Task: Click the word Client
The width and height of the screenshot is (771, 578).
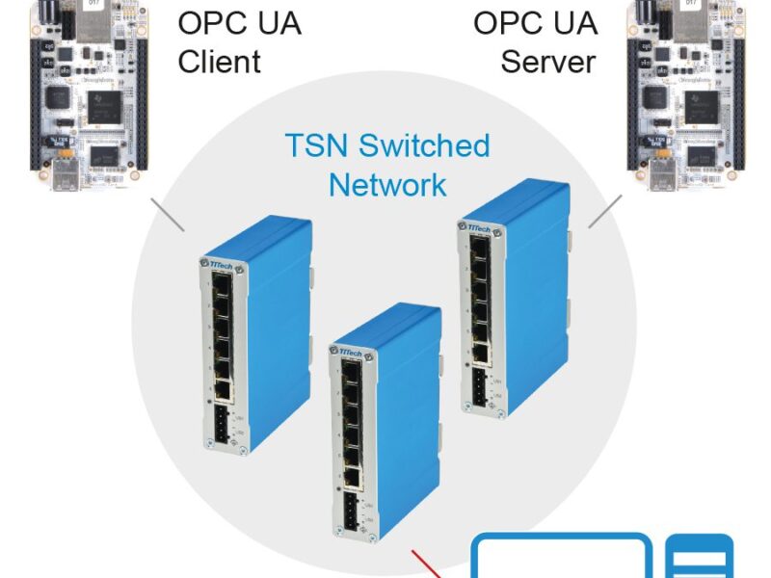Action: point(219,62)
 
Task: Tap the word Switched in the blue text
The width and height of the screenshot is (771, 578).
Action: point(425,146)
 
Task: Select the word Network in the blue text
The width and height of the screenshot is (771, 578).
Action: point(387,184)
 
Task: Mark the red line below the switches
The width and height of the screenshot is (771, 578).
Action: point(428,564)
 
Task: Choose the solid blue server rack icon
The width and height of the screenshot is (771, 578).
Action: point(700,557)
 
